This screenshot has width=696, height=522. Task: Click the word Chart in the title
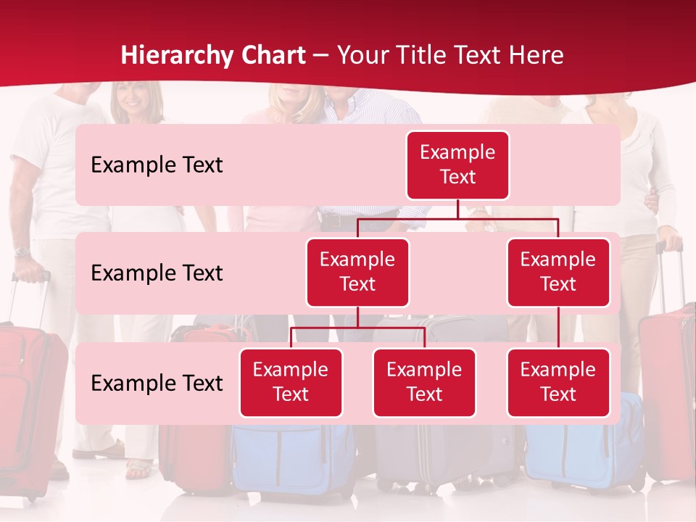(273, 56)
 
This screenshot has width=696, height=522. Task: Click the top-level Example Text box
(457, 165)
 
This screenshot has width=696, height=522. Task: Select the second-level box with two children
(357, 272)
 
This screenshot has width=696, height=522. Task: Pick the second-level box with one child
(558, 272)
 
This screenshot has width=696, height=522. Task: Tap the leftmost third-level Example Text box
(291, 382)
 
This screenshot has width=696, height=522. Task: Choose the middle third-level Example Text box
(424, 382)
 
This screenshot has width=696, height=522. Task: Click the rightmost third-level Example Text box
(558, 382)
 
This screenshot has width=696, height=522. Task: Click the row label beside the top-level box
(157, 165)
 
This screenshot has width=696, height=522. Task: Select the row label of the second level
(157, 273)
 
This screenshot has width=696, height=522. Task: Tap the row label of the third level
(157, 383)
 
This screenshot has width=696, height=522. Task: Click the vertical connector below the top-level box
(457, 209)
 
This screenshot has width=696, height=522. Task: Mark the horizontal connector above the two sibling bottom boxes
(357, 328)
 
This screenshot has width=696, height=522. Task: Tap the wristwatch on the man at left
(22, 252)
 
